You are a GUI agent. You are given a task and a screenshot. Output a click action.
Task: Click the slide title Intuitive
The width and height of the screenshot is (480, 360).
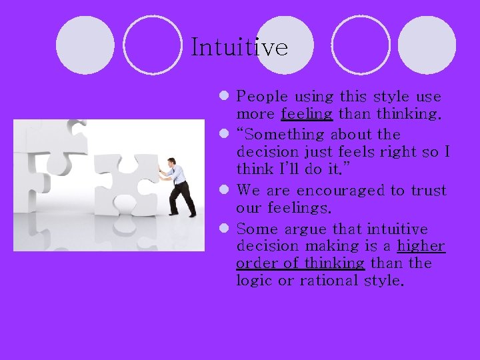[x=239, y=47]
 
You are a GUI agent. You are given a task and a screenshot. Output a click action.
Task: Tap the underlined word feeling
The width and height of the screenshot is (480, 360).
[x=307, y=114]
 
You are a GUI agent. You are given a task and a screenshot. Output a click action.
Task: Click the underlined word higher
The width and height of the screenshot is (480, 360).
[x=421, y=246]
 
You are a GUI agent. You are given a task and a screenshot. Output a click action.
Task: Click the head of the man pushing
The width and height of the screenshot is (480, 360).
[x=172, y=161]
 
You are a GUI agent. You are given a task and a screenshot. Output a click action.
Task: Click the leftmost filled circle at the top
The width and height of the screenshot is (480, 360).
[x=85, y=45]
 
